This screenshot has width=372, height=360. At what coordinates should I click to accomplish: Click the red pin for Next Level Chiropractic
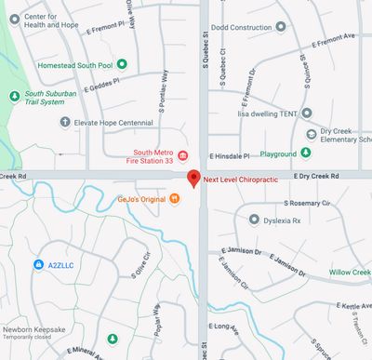click(x=193, y=179)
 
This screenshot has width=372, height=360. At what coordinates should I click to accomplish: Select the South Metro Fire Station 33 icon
click(x=183, y=154)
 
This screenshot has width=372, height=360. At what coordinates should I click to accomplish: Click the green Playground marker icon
click(x=305, y=153)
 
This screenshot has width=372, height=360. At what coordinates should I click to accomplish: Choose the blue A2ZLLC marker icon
click(x=37, y=265)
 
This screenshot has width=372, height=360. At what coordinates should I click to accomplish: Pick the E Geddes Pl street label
click(x=103, y=87)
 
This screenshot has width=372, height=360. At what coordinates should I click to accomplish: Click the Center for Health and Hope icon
click(x=14, y=18)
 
